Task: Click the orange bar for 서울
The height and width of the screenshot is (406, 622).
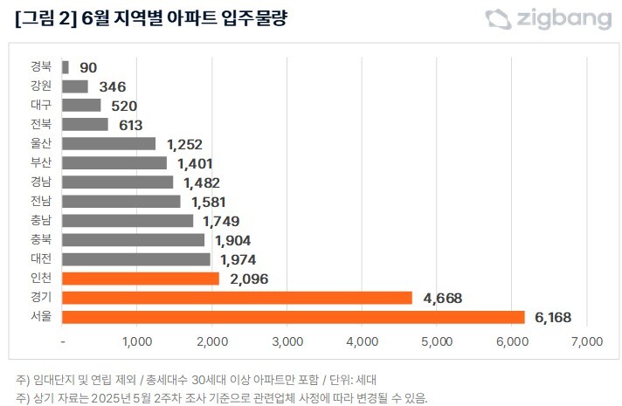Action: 294,317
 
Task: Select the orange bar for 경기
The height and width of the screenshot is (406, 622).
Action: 237,298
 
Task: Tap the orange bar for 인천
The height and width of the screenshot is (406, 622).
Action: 141,279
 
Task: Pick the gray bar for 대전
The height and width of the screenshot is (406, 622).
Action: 136,259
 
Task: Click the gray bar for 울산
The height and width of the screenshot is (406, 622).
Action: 109,143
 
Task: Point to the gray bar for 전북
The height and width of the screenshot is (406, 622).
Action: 85,124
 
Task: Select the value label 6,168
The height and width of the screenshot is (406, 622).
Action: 552,318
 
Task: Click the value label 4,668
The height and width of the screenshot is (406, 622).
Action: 442,299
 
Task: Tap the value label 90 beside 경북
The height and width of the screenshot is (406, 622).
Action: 88,67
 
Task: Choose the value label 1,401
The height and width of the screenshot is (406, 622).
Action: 195,163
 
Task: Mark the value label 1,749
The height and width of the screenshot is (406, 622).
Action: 220,221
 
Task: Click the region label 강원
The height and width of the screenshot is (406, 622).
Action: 40,86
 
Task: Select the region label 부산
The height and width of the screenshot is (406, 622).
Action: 40,162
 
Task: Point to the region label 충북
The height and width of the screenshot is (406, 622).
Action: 40,239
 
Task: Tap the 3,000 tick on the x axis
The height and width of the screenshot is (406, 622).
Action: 287,341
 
